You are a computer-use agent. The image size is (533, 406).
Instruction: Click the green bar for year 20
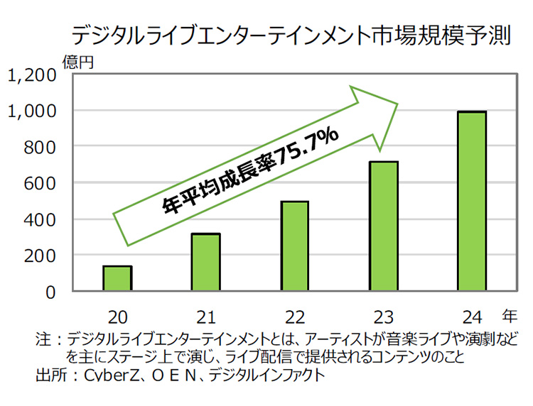click(x=117, y=278)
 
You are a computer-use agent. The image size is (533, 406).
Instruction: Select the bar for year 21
click(x=205, y=262)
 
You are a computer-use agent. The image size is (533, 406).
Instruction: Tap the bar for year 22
click(x=294, y=246)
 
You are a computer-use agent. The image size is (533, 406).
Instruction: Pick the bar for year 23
click(x=383, y=226)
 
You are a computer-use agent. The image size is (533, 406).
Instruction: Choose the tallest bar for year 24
click(x=471, y=201)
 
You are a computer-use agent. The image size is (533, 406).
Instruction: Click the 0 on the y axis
click(x=50, y=292)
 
